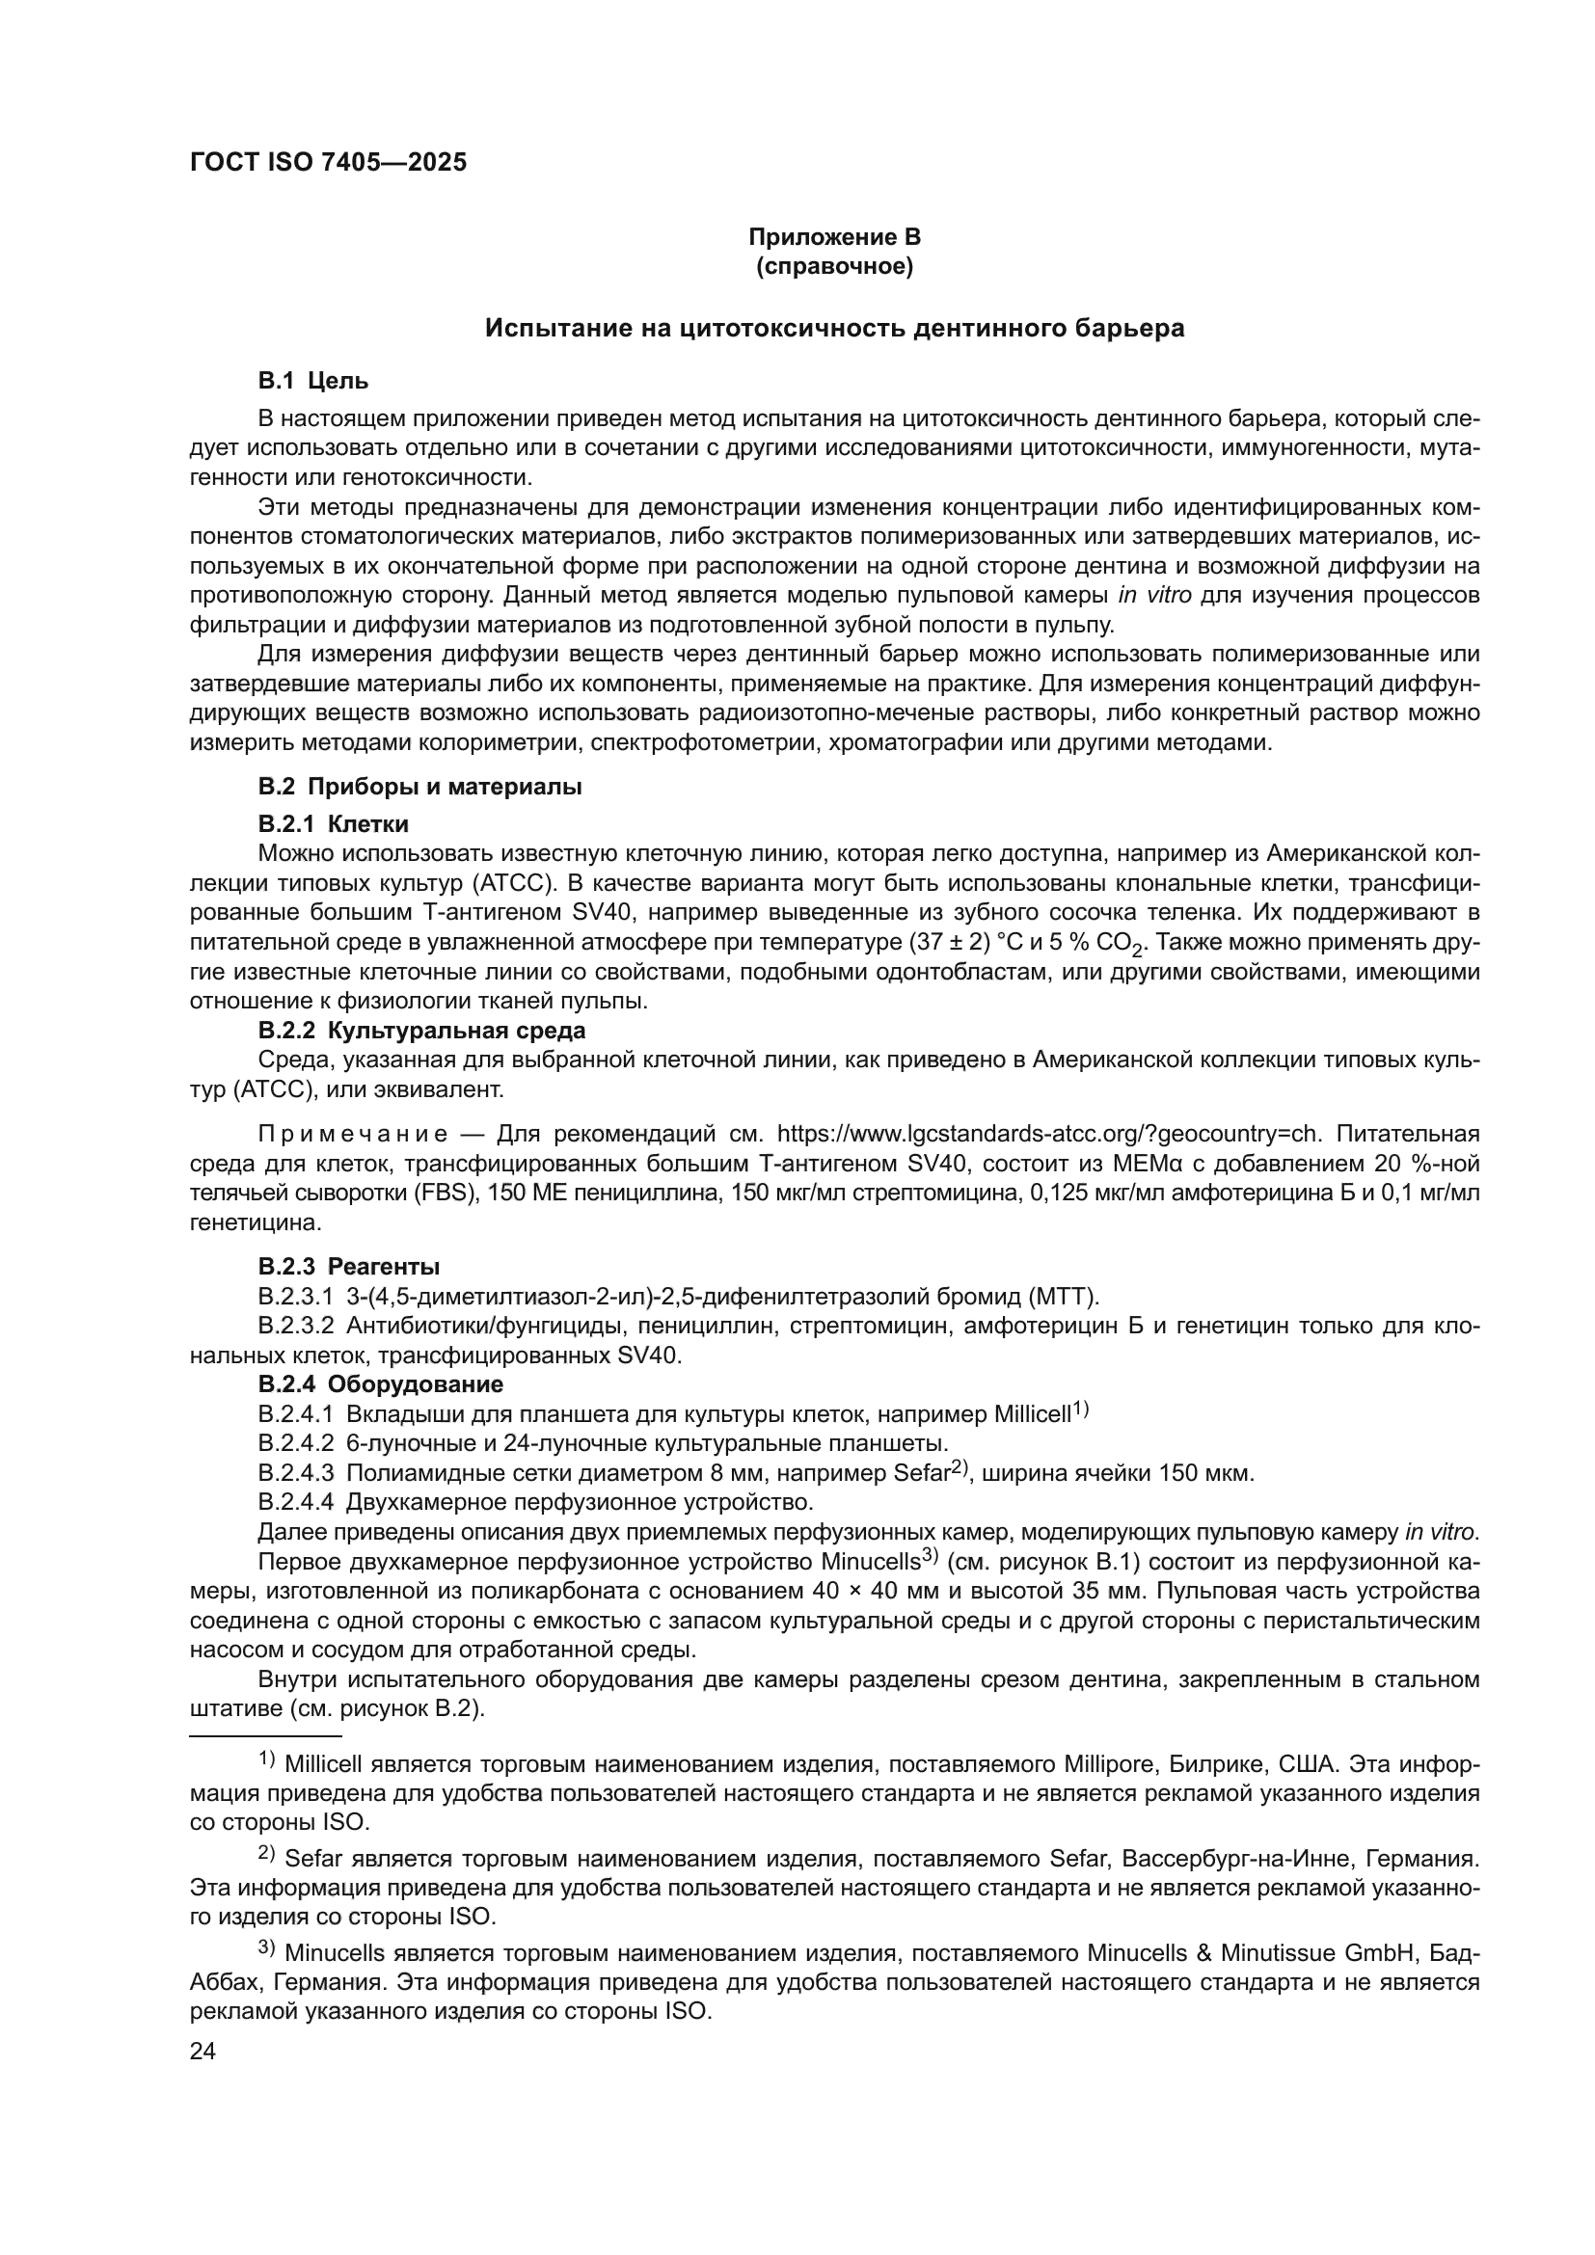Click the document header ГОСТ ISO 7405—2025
pyautogui.click(x=328, y=163)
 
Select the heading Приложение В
pyautogui.click(x=834, y=237)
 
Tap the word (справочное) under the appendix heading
pyautogui.click(x=834, y=266)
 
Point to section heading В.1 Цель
pyautogui.click(x=313, y=380)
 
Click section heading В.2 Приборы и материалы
pyautogui.click(x=419, y=787)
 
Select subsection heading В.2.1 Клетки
pyautogui.click(x=333, y=824)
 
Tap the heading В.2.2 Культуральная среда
pyautogui.click(x=421, y=1031)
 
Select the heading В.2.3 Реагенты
pyautogui.click(x=349, y=1266)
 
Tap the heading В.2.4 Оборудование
pyautogui.click(x=380, y=1383)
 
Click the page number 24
pyautogui.click(x=203, y=2051)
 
